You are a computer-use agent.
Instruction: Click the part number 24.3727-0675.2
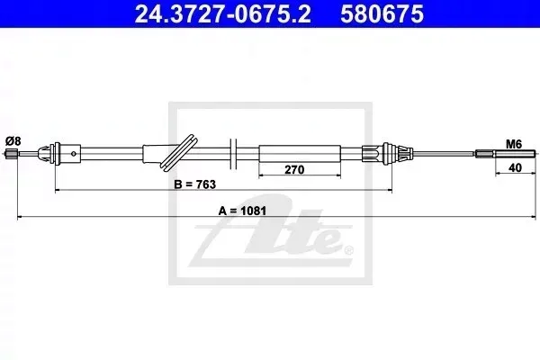click(x=222, y=13)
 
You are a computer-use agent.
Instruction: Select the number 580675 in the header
click(x=382, y=13)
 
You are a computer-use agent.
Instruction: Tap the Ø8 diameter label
click(x=13, y=141)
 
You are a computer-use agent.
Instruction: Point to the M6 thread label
click(x=514, y=144)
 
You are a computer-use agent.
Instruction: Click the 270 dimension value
click(x=295, y=170)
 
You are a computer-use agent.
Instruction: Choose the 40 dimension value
click(x=515, y=167)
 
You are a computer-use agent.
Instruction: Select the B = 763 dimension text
click(x=195, y=184)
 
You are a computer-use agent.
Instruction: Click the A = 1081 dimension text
click(x=242, y=211)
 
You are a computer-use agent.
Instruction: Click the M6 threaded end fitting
click(x=506, y=154)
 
